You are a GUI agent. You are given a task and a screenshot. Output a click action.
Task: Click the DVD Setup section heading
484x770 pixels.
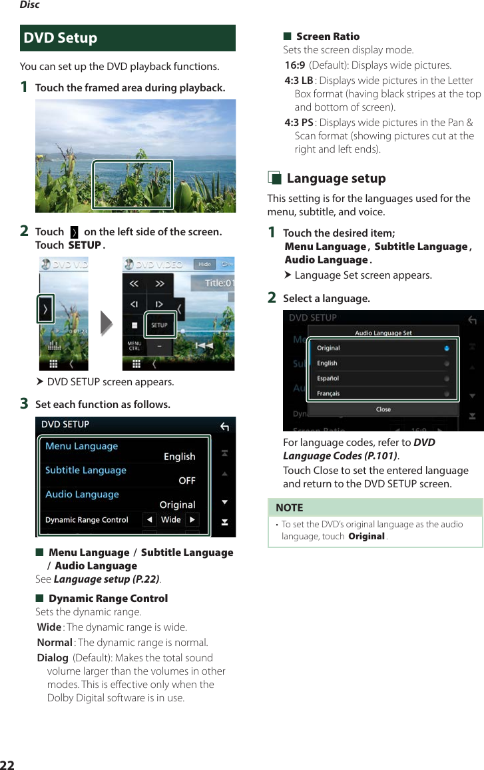61,38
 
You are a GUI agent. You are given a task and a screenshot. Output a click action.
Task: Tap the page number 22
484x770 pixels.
7,764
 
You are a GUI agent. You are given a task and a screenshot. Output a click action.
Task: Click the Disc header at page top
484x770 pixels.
29,5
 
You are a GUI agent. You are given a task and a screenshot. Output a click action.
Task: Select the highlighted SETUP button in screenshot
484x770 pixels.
159,325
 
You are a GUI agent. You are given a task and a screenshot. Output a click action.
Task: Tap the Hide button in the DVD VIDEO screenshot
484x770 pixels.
204,264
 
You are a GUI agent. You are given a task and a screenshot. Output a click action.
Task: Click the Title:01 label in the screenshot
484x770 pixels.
219,283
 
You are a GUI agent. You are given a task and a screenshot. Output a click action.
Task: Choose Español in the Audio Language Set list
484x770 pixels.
328,378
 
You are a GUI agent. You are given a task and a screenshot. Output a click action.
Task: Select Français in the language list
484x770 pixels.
328,393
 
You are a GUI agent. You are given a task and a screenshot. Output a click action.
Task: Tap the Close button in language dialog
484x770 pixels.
383,409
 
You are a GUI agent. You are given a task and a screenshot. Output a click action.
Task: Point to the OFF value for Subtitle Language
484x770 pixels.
187,480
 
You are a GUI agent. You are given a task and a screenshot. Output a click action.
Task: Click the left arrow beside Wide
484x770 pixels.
150,520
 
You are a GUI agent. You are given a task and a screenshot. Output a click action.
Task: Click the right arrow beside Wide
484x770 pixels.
192,520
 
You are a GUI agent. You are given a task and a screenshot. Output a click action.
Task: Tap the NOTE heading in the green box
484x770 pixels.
289,507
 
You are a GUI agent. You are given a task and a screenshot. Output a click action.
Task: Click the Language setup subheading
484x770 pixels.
336,178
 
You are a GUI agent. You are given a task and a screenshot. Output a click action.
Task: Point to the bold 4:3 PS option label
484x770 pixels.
298,123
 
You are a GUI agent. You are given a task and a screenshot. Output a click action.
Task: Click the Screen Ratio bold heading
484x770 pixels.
328,36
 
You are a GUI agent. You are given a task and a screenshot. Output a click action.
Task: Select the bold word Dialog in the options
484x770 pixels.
53,658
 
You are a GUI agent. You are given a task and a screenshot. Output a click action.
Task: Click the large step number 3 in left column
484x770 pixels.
24,404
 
